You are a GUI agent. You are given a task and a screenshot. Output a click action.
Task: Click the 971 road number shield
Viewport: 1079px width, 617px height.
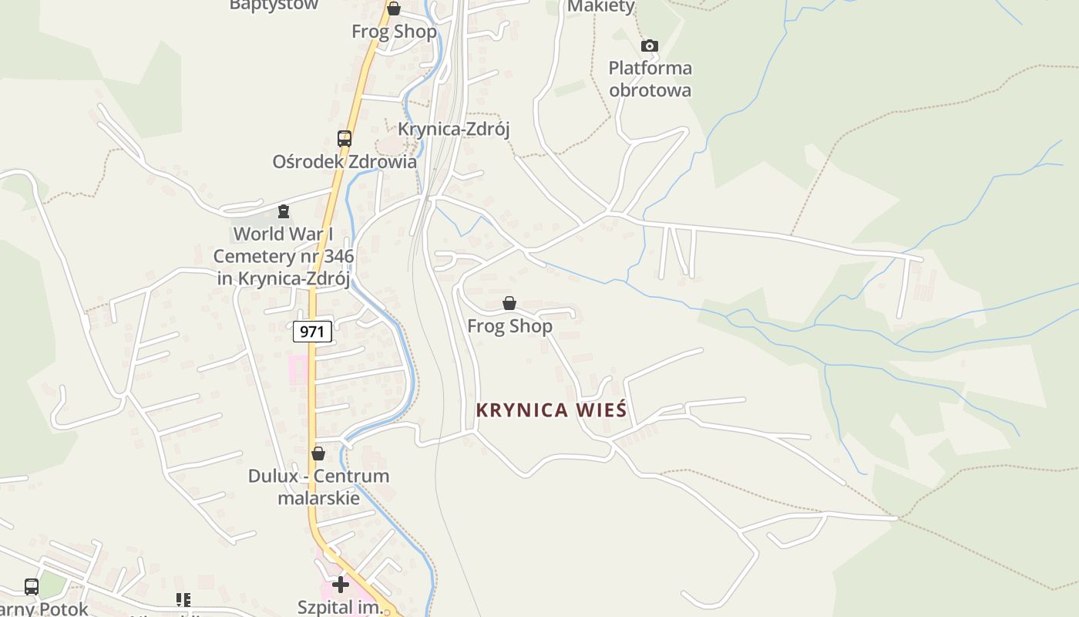pos(312,332)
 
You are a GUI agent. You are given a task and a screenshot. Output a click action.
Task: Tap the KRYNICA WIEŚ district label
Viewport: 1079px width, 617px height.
pos(551,410)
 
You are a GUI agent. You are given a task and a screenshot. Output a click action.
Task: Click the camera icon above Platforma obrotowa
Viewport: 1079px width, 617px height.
pos(650,46)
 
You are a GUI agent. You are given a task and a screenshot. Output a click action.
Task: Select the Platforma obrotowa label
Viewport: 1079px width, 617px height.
pos(650,79)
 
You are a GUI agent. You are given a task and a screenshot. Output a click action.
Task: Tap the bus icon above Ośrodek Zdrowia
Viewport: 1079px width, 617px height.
pos(345,139)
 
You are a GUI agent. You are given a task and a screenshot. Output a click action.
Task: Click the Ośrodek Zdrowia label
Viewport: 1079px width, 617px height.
pos(345,162)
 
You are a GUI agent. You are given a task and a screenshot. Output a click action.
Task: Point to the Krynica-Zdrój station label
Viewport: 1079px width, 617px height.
pos(454,129)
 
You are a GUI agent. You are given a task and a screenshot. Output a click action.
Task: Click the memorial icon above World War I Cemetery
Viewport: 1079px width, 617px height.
pos(284,211)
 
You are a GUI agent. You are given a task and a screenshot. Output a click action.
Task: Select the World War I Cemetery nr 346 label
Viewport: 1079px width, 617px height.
pos(284,255)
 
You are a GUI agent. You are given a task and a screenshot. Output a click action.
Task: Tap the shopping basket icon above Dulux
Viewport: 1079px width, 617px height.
pos(318,453)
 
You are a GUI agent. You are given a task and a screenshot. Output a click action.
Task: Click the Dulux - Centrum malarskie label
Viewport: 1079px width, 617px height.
pos(318,487)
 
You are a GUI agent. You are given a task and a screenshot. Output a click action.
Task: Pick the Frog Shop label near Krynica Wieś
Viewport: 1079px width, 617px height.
pos(509,326)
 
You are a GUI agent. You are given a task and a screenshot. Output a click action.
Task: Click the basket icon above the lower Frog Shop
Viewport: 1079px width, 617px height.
pos(509,303)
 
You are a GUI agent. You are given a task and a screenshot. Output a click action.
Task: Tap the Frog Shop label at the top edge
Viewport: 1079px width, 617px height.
pos(394,32)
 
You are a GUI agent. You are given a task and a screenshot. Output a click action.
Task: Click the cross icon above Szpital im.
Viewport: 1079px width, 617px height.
pos(340,584)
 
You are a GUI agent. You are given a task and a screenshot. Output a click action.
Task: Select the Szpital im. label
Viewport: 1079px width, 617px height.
pos(340,607)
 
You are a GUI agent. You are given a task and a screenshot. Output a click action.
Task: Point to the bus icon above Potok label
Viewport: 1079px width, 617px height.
pos(32,586)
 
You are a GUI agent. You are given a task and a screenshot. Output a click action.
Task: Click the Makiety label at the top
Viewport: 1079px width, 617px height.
pos(600,7)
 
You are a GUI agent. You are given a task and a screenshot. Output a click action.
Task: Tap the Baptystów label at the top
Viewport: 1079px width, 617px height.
pos(274,5)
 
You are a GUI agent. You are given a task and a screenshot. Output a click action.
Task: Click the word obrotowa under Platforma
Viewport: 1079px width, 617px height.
pos(650,90)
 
